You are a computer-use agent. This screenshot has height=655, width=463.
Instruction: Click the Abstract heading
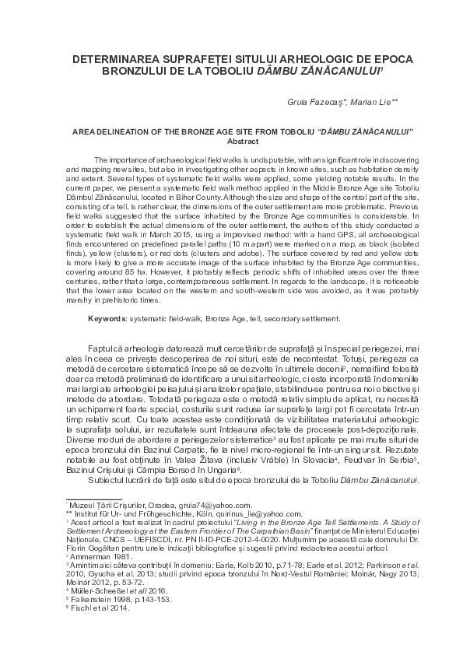click(231, 141)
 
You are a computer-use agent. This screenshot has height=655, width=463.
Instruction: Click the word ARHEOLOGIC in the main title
click(281, 59)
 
